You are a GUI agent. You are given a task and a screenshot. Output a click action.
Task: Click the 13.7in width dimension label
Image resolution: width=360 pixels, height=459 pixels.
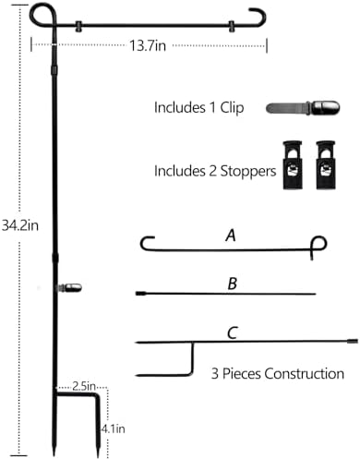point(148,46)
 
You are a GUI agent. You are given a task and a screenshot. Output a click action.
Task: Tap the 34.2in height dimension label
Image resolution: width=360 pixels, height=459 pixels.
point(20,225)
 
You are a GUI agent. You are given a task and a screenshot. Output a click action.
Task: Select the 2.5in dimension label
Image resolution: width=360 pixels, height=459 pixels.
point(84,386)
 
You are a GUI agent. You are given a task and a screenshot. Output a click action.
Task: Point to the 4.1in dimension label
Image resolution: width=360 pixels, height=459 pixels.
point(114,429)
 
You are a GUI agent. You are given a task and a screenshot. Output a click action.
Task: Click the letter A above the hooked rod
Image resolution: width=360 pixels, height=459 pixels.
point(231,236)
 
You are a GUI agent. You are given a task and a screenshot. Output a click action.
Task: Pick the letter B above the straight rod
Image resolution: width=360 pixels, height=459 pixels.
point(233,284)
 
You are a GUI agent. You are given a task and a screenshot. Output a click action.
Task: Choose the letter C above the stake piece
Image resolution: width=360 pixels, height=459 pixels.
point(233,333)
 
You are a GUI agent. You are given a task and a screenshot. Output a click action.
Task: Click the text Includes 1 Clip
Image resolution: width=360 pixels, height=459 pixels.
point(199,108)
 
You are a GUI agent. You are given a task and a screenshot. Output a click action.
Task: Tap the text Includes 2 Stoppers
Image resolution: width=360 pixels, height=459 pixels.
point(215,171)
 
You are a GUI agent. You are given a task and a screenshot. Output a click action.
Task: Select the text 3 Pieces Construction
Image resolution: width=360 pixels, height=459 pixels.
point(278,374)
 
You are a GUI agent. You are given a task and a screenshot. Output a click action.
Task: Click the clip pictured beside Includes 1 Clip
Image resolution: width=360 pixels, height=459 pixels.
point(303,107)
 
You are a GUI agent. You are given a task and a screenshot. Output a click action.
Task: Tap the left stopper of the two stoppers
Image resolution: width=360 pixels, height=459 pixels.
point(293,165)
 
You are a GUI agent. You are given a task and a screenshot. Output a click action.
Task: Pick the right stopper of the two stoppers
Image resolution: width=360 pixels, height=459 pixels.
point(326,165)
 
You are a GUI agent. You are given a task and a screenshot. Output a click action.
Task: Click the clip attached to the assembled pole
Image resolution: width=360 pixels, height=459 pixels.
point(70,288)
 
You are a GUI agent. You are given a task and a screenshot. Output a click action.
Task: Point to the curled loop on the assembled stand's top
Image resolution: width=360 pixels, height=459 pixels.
point(43,16)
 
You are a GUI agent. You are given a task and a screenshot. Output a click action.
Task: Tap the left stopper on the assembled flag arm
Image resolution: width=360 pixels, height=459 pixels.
point(78,27)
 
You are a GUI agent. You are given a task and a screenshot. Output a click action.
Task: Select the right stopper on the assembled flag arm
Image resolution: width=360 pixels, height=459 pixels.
point(231,27)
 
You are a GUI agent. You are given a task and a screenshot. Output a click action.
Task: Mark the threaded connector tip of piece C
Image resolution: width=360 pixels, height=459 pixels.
point(353,341)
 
